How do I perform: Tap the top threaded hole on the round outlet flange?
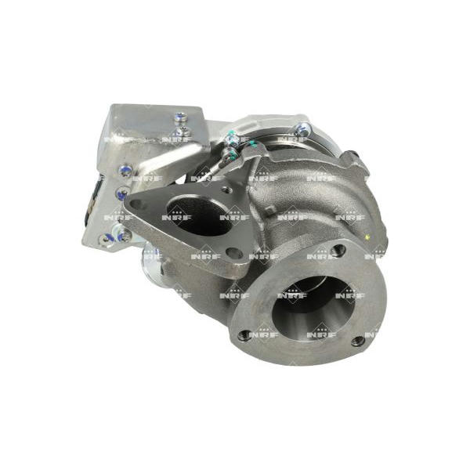point(339,249)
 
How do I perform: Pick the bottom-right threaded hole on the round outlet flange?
point(358,341)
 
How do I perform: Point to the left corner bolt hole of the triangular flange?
point(136,204)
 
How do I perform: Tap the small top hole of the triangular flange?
point(226,190)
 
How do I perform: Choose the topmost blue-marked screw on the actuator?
point(180,117)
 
